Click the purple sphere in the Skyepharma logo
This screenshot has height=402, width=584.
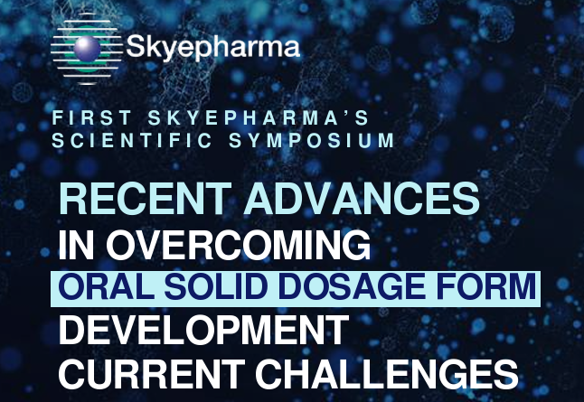[87, 49]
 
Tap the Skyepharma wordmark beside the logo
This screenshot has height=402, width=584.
[213, 48]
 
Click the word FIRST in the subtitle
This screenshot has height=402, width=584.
[91, 117]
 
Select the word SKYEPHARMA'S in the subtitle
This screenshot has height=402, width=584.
[259, 117]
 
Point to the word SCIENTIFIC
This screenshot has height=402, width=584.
[132, 140]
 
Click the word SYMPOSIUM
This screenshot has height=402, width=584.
[311, 140]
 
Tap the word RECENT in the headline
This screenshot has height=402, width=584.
[145, 199]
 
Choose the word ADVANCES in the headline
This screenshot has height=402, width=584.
[362, 199]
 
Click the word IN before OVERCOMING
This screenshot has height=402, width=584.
[76, 245]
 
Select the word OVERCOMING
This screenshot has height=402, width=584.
[239, 245]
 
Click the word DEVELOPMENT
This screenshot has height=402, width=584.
[203, 330]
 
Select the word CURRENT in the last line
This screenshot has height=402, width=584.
[152, 374]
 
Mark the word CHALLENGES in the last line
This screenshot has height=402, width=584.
[387, 374]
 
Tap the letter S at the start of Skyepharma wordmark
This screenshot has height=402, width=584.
[136, 46]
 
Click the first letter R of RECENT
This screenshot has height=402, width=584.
[72, 199]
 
